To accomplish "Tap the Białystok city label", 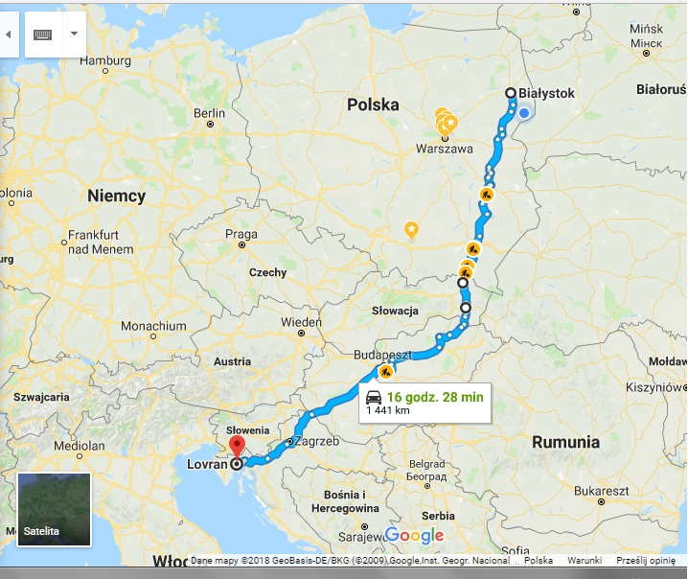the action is point(549,92).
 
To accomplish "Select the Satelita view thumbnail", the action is point(54,508).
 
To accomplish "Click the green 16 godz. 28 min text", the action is point(436,396).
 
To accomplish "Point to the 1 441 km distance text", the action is point(388,410).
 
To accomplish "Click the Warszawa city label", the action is point(446,150).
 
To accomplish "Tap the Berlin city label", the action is point(209,112).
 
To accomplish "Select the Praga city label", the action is point(241,234).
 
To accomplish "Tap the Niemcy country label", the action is point(116,196).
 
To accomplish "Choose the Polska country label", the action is point(373,104).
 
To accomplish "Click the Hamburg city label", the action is point(104,60).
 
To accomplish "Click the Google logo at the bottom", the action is point(414,535).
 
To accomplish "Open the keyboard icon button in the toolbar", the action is point(42,35).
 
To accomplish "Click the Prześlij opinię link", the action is point(645,561).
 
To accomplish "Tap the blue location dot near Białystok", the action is point(524,113).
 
